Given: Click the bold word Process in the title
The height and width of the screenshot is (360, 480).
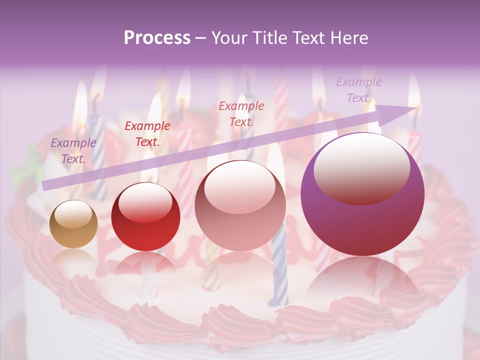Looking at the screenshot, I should [x=157, y=37].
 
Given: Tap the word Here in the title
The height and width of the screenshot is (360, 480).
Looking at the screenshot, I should [x=349, y=37].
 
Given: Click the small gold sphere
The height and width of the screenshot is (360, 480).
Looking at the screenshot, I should [x=73, y=224].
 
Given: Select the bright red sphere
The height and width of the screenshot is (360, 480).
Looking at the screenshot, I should [x=145, y=216].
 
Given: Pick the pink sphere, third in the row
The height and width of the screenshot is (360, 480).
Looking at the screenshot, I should [x=240, y=205].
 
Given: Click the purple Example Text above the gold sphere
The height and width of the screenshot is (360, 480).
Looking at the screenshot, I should [x=73, y=151].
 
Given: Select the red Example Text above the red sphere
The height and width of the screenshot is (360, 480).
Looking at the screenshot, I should [x=147, y=134].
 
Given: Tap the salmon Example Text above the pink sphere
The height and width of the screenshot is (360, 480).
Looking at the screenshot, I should [x=241, y=113].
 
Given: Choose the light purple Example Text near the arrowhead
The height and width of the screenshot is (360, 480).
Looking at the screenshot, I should [x=358, y=90].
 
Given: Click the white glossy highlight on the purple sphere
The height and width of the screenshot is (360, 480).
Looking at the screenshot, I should [x=361, y=168].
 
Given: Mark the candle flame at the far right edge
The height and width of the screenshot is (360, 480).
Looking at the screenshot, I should [x=414, y=92].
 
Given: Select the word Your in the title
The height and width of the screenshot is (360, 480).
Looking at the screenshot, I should [x=229, y=37].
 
